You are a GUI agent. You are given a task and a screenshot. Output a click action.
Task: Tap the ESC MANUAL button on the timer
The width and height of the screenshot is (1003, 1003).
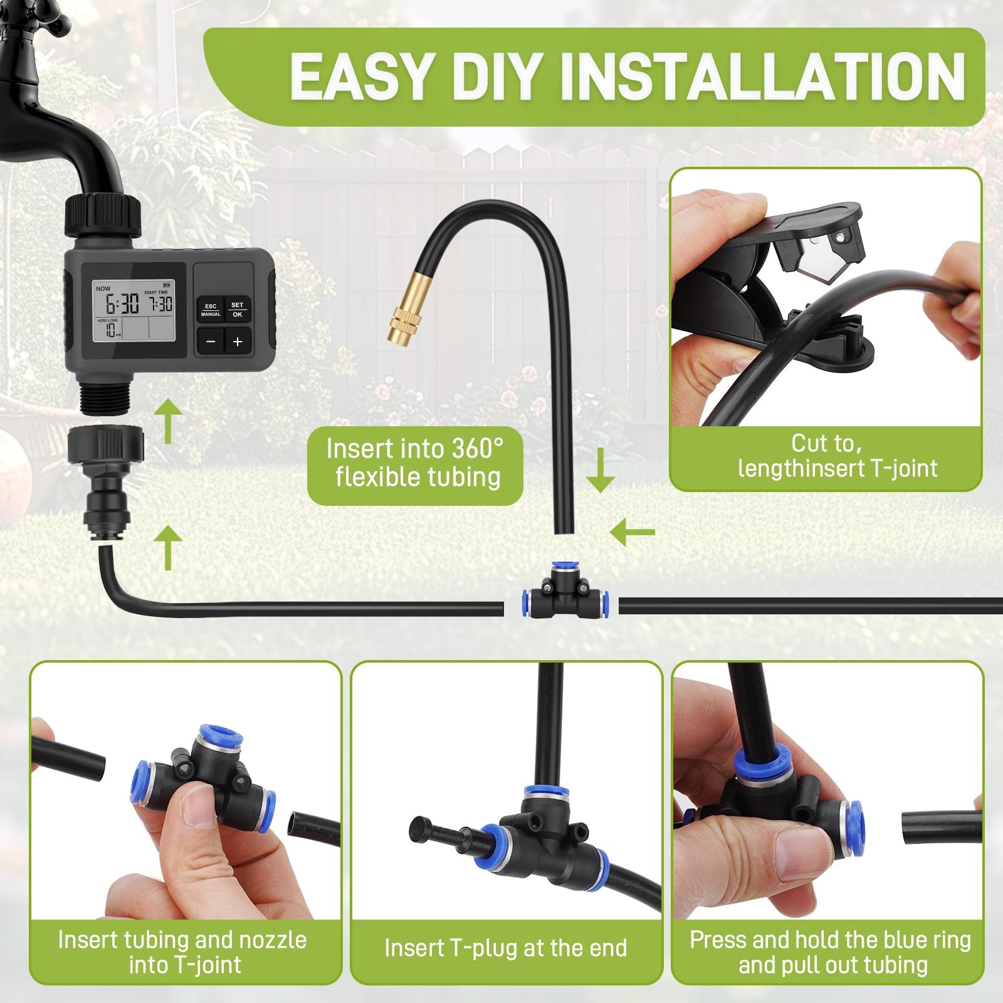[211, 310]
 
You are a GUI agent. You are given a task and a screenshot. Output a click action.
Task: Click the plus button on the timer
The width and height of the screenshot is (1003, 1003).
[237, 342]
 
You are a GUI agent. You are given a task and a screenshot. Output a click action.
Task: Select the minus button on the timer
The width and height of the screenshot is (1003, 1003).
[211, 342]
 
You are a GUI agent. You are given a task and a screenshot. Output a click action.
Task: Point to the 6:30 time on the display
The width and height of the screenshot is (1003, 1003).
[122, 305]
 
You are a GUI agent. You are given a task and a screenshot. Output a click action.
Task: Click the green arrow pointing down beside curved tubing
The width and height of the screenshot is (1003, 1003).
[600, 470]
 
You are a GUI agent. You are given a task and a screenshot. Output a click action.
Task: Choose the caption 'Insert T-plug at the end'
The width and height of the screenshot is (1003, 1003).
[505, 948]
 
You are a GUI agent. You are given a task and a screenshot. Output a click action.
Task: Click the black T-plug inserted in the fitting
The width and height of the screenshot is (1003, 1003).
[439, 834]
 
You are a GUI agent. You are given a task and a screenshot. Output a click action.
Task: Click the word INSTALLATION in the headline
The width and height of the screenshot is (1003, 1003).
[762, 76]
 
